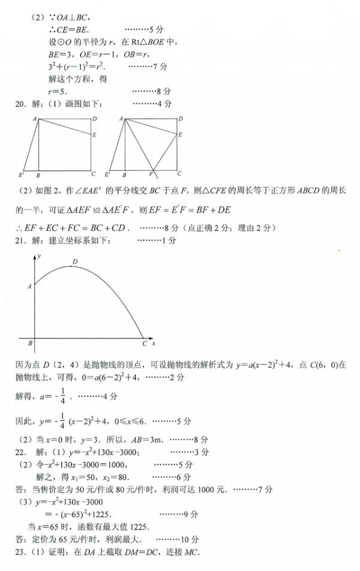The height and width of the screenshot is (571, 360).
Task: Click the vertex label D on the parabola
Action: [75, 262]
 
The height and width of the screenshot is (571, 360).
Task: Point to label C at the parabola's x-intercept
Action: [145, 344]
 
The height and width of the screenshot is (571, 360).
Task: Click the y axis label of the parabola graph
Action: [38, 256]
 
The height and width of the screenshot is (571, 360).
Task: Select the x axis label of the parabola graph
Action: [154, 344]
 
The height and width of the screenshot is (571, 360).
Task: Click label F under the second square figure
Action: [151, 175]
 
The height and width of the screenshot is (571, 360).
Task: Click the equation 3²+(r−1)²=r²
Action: [76, 66]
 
